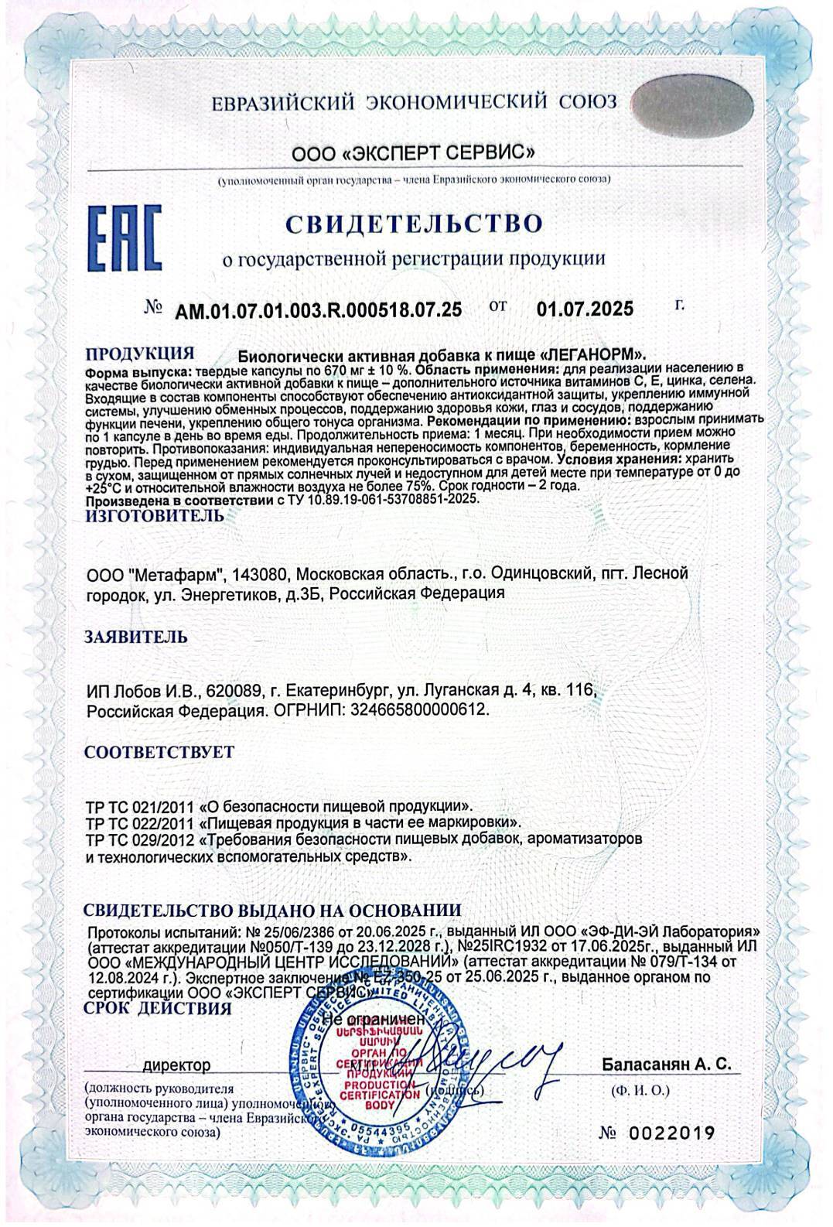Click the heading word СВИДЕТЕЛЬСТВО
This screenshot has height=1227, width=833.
414,224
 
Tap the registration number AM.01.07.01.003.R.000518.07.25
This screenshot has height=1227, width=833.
319,310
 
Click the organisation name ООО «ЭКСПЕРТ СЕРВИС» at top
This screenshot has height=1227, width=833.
413,151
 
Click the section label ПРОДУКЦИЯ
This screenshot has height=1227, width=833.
139,354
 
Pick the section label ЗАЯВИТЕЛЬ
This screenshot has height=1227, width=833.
135,637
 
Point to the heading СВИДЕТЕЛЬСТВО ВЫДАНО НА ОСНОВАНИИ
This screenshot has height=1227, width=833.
272,910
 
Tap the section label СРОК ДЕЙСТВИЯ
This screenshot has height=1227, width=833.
157,1009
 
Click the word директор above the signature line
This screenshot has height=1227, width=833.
182,1066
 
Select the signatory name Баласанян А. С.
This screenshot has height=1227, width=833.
666,1065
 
